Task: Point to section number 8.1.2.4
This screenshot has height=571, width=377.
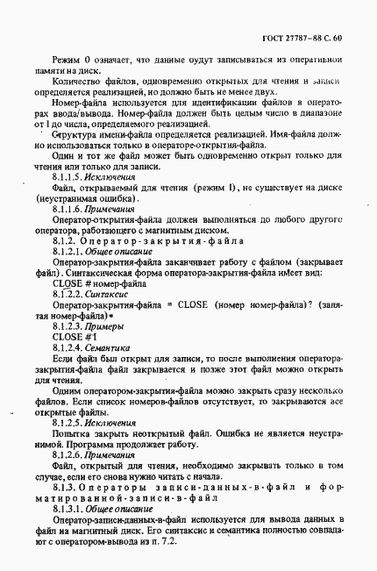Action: (68, 346)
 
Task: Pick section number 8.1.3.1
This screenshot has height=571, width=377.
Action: (68, 508)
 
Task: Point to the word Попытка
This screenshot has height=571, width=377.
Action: (72, 433)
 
